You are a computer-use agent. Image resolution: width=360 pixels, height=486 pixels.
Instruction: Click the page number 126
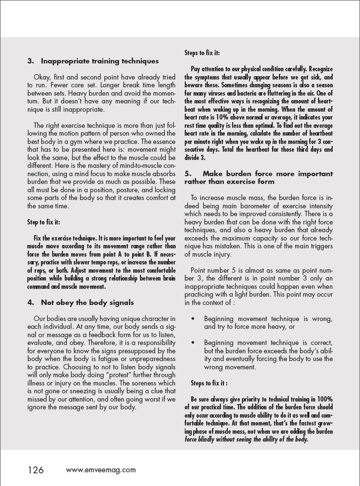click(36, 470)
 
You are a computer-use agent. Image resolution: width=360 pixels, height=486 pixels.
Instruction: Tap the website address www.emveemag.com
click(101, 470)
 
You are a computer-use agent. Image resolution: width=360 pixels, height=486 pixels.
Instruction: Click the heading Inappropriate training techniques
click(100, 61)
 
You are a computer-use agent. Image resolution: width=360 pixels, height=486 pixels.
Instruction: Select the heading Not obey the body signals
click(87, 303)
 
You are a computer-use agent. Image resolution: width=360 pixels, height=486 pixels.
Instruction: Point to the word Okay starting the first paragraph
click(42, 77)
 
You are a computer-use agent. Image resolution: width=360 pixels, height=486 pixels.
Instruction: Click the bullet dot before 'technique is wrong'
click(194, 319)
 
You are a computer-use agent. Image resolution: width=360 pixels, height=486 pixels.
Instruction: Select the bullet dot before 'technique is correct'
click(194, 343)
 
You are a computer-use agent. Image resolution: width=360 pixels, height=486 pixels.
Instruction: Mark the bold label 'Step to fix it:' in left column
click(44, 222)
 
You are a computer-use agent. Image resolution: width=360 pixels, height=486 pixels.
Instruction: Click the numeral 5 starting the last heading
click(187, 174)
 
